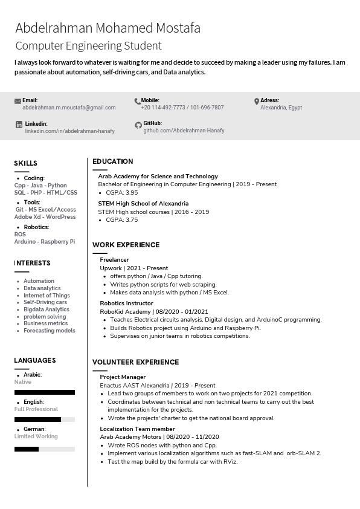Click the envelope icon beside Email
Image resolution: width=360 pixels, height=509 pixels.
coord(18,101)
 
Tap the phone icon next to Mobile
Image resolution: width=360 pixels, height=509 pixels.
coord(137,101)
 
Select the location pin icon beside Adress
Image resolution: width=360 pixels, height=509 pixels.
coord(257,101)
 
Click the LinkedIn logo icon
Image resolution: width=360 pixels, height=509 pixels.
coord(19,124)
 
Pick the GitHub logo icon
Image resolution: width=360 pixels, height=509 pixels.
coord(138,125)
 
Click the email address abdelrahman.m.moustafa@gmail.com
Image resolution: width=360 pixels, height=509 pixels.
coord(69,108)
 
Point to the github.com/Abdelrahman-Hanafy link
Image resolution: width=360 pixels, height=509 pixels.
coord(184,131)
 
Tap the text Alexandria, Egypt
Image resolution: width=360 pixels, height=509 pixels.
coord(281,108)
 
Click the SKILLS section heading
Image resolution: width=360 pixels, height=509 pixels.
coord(26,163)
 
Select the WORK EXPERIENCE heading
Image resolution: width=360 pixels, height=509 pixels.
coord(126,245)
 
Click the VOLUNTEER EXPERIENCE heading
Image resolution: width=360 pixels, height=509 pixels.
coord(135,362)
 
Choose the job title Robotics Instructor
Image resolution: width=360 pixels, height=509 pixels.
coord(126,303)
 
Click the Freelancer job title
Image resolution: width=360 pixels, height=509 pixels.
coord(114,260)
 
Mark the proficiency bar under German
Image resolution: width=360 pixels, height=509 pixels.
coord(44,449)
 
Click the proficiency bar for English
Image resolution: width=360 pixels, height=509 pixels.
coord(44,419)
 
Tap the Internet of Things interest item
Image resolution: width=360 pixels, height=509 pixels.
coord(47,296)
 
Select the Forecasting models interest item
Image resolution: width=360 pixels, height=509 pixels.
coord(50,331)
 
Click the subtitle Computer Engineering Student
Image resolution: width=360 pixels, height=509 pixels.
coord(88,46)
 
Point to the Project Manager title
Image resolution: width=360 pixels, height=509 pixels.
coord(123,377)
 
